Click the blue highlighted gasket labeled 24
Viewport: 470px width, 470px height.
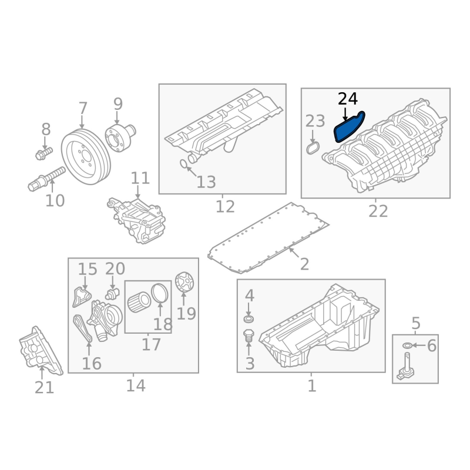pos(349,127)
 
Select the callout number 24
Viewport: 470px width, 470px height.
pos(348,99)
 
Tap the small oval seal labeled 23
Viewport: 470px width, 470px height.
pos(313,148)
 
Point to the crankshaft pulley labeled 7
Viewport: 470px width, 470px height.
pos(86,157)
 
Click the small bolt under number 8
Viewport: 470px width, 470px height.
pos(43,153)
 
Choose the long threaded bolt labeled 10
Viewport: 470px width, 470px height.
pos(46,179)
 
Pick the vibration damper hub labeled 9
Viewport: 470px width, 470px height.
pos(120,138)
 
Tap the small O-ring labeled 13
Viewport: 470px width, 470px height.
pos(183,164)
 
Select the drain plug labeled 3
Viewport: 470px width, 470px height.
pos(249,335)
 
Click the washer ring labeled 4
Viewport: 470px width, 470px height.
pos(249,319)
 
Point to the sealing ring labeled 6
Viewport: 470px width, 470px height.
pos(407,345)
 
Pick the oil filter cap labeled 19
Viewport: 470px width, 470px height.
pos(184,282)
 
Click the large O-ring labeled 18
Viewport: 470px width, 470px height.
pos(160,292)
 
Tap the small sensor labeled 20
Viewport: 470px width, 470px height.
pos(112,294)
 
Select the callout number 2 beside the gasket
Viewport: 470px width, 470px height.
pos(304,264)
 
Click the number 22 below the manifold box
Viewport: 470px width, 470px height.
pos(378,211)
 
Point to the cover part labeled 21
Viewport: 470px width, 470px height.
pos(41,351)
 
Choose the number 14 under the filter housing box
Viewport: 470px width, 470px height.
pos(136,385)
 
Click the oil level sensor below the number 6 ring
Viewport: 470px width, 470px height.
pos(405,367)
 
